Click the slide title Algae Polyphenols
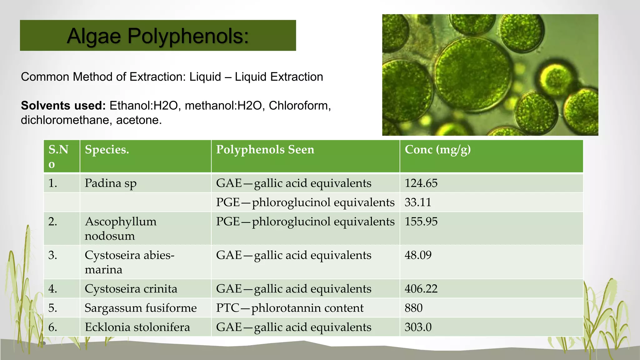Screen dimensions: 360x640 (158, 36)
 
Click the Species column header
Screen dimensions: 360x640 (107, 150)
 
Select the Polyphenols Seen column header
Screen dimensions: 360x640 (265, 150)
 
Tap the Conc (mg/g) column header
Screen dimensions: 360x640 (437, 150)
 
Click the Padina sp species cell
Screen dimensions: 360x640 (111, 183)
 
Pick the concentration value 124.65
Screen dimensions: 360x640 (421, 183)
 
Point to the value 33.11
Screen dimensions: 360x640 (418, 202)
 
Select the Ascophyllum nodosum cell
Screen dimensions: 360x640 (121, 228)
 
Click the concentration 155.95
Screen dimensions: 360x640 (421, 222)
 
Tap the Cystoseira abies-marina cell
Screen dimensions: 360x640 (129, 262)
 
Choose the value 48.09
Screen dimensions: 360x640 (418, 255)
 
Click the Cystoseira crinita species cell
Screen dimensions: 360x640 (131, 289)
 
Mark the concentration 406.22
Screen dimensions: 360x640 (421, 289)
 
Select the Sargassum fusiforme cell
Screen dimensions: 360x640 (141, 308)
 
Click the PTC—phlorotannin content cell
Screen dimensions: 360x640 (290, 308)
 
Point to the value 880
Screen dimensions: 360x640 (413, 308)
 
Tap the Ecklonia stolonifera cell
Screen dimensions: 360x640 (137, 327)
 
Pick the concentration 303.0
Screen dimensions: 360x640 (418, 327)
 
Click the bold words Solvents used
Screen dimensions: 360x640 (63, 106)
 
